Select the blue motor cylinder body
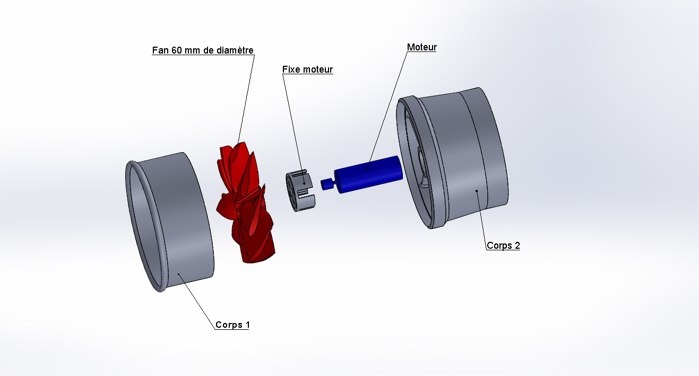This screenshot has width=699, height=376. tap(368, 174)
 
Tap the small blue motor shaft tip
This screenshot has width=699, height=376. tap(326, 184)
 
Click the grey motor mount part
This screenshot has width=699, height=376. tap(300, 190)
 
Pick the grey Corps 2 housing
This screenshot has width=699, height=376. tap(453, 158)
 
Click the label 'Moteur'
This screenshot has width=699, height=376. tap(421, 47)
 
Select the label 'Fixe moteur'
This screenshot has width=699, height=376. tap(307, 69)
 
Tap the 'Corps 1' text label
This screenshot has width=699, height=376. tap(232, 325)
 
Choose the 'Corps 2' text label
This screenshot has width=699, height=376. tap(503, 246)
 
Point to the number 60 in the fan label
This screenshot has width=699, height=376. tap(177, 50)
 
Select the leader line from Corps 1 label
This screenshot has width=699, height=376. tap(197, 301)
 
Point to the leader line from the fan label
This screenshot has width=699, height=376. tap(246, 100)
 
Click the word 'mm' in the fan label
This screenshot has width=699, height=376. tap(193, 51)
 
